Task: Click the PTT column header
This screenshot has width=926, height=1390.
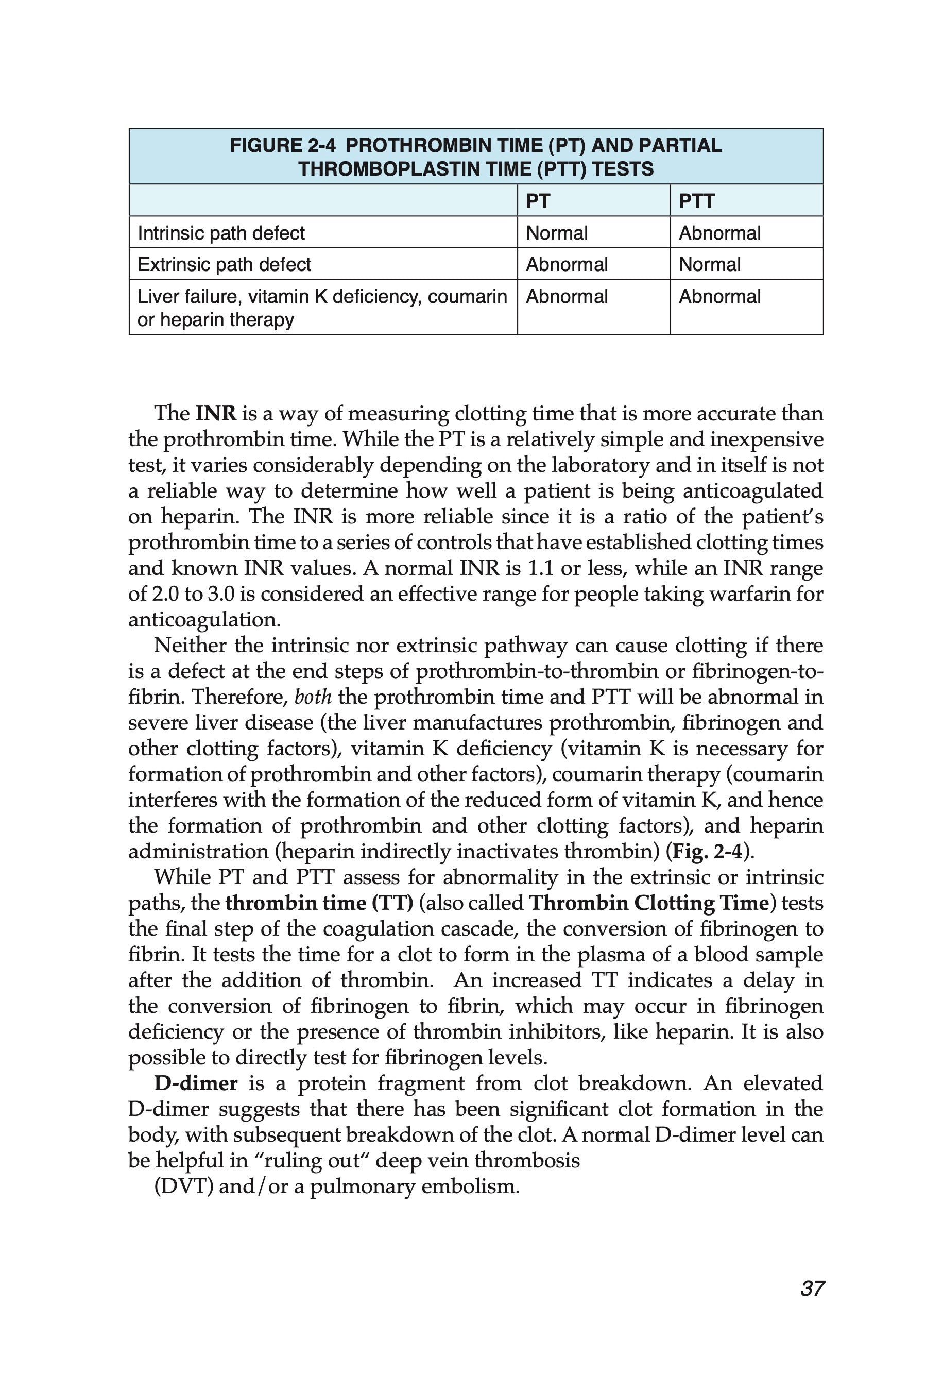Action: pyautogui.click(x=696, y=201)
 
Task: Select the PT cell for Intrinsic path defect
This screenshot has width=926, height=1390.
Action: pyautogui.click(x=556, y=233)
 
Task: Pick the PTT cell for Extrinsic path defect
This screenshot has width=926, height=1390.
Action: pyautogui.click(x=709, y=264)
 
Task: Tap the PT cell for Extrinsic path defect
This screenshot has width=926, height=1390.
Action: pyautogui.click(x=567, y=264)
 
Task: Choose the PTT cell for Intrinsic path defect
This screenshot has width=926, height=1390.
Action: pyautogui.click(x=719, y=233)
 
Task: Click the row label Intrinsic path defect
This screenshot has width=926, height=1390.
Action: pyautogui.click(x=221, y=233)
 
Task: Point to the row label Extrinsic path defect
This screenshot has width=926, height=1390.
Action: pyautogui.click(x=224, y=264)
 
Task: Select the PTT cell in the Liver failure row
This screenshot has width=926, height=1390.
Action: pyautogui.click(x=719, y=296)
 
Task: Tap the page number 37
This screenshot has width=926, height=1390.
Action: pyautogui.click(x=812, y=1289)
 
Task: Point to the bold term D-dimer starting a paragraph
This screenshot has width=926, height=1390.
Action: pyautogui.click(x=196, y=1083)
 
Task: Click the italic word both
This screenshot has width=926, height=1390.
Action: pyautogui.click(x=313, y=697)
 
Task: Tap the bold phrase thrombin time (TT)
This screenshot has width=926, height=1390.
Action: pyautogui.click(x=319, y=903)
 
